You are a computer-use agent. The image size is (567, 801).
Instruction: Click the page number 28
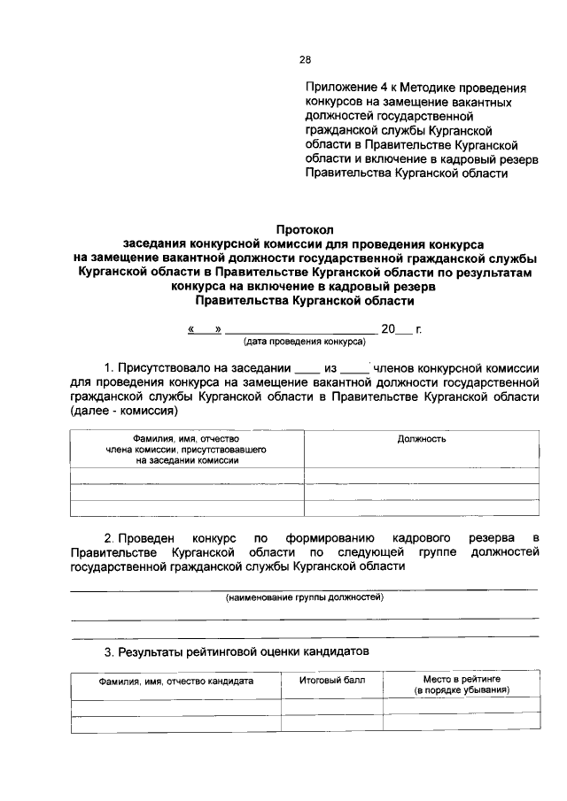(x=305, y=60)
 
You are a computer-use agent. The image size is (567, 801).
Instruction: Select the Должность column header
(x=422, y=439)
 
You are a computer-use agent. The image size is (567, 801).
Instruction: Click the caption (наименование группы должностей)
(x=305, y=598)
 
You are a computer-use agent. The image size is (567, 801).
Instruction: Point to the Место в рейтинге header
(x=462, y=679)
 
